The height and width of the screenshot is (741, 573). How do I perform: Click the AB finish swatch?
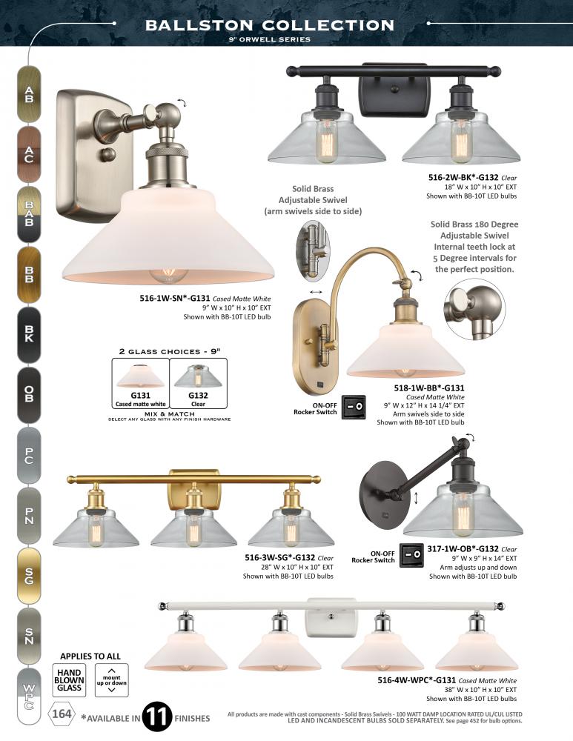tap(29, 95)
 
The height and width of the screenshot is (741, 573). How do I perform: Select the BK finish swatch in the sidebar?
tap(29, 335)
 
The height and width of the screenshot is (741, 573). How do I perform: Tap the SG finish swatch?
tap(29, 576)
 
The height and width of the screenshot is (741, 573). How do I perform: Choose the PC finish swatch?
tap(29, 455)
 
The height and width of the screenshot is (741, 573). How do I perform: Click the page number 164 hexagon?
tap(62, 713)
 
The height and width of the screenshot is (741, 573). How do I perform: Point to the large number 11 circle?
tap(157, 717)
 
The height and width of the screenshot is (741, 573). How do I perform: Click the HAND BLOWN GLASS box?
tap(69, 680)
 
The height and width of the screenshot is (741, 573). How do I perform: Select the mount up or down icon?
tap(112, 680)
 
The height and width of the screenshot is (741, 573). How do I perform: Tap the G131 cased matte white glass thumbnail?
tap(140, 383)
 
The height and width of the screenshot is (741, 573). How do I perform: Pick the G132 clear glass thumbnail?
tap(198, 383)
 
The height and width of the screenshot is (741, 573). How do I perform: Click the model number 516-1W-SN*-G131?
tap(175, 298)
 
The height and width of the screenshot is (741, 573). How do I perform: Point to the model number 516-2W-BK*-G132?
tap(463, 178)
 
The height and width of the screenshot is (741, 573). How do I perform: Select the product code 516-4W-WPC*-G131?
tap(417, 680)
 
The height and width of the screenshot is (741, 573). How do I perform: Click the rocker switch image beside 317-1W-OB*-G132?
tap(411, 555)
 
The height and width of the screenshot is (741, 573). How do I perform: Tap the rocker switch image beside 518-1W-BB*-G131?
tap(354, 406)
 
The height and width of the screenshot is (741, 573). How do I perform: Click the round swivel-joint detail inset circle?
tap(474, 308)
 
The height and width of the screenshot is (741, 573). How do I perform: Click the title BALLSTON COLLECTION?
tap(270, 25)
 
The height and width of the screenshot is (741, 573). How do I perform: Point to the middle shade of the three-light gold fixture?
tap(193, 525)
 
